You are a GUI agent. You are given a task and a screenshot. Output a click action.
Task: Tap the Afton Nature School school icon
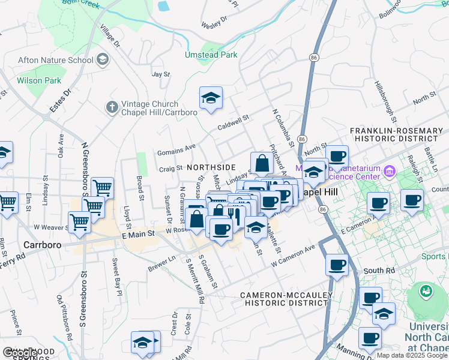click(103, 60)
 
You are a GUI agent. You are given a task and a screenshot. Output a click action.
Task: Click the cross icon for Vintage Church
click(111, 107)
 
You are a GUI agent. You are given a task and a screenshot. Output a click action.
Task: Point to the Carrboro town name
click(43, 245)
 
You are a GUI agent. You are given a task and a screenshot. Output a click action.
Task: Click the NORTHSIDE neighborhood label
click(211, 167)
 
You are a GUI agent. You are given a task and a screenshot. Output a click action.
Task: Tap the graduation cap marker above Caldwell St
click(211, 98)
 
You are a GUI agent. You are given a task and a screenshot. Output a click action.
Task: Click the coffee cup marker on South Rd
click(337, 264)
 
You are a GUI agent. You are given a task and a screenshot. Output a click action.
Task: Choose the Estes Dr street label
click(59, 101)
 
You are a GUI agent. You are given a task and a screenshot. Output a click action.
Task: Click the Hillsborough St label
click(385, 99)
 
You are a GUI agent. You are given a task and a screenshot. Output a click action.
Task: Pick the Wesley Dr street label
click(215, 22)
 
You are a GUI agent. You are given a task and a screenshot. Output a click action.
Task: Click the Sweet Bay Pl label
click(116, 276)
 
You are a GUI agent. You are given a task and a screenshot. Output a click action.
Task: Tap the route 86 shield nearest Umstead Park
click(314, 57)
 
